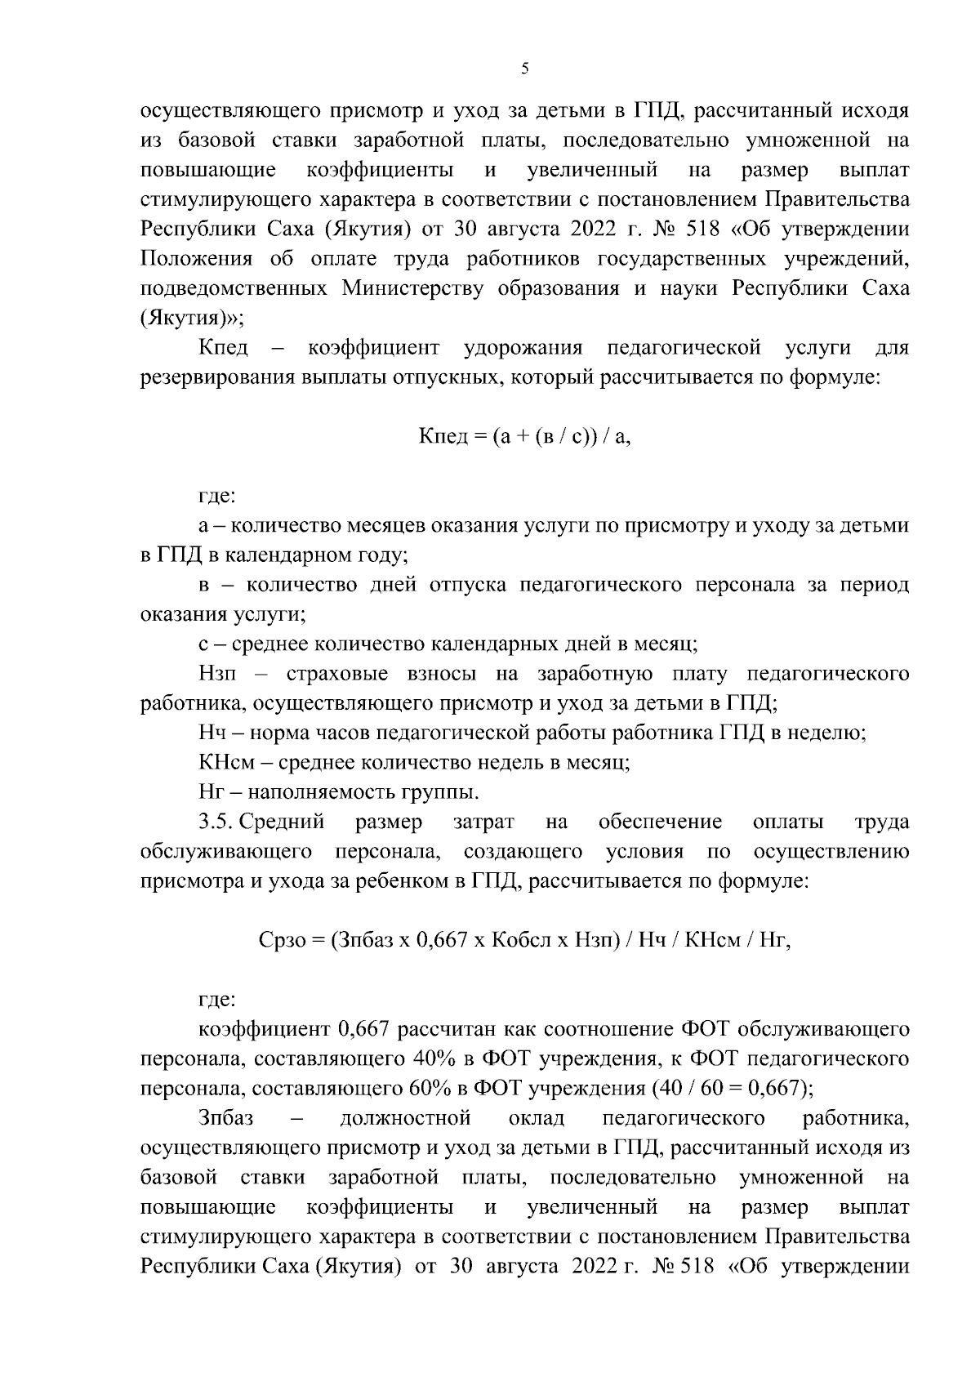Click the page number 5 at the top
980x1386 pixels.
pyautogui.click(x=524, y=69)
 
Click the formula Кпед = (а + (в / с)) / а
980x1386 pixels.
pyautogui.click(x=525, y=436)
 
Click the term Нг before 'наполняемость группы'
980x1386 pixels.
pyautogui.click(x=211, y=792)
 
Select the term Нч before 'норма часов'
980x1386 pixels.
pyautogui.click(x=211, y=733)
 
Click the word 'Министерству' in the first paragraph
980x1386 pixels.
pyautogui.click(x=412, y=289)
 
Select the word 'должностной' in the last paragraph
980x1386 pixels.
pyautogui.click(x=405, y=1118)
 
